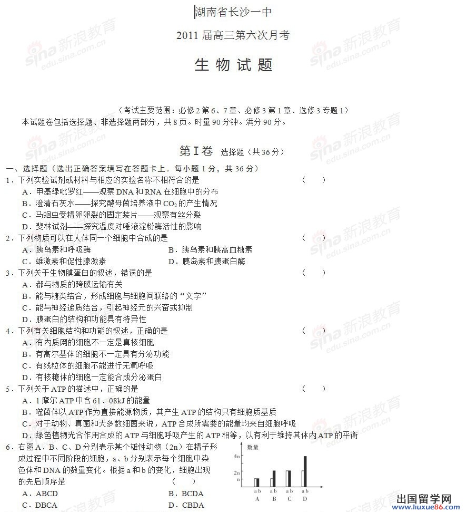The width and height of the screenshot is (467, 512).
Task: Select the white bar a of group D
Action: point(302,478)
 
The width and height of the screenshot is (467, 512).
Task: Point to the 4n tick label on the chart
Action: point(237,456)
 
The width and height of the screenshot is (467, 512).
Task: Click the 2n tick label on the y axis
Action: point(237,472)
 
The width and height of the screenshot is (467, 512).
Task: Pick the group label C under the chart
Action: point(289,499)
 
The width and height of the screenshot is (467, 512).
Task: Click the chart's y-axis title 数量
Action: point(253,447)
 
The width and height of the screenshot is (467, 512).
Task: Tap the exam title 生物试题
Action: point(233,65)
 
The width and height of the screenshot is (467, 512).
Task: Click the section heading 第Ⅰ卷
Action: point(196,151)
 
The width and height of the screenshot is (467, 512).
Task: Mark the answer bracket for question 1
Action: point(314,180)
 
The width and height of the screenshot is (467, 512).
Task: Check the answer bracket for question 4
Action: point(314,331)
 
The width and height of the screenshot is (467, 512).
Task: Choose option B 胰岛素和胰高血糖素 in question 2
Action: point(210,249)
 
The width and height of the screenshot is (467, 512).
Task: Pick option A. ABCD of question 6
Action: point(40,494)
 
